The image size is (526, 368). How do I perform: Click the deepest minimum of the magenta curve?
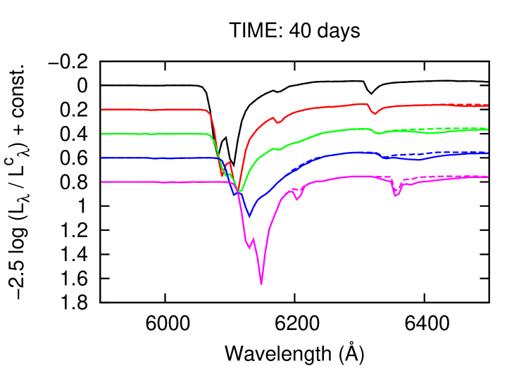pyautogui.click(x=261, y=284)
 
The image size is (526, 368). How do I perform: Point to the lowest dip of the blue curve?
pyautogui.click(x=249, y=216)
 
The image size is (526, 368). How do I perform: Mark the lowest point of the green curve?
pyautogui.click(x=241, y=191)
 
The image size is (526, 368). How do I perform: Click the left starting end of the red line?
pyautogui.click(x=102, y=109)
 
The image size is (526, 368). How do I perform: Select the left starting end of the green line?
pyautogui.click(x=102, y=134)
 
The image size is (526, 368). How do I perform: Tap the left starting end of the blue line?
pyautogui.click(x=102, y=158)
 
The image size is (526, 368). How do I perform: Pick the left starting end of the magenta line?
pyautogui.click(x=102, y=182)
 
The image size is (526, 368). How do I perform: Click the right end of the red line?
pyautogui.click(x=487, y=106)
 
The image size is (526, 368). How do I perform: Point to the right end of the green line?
pyautogui.click(x=487, y=129)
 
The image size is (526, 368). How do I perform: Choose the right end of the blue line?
pyautogui.click(x=487, y=153)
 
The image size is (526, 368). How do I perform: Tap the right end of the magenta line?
pyautogui.click(x=487, y=177)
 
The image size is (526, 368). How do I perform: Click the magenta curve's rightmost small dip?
pyautogui.click(x=395, y=195)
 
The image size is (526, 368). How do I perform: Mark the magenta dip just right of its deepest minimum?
pyautogui.click(x=297, y=199)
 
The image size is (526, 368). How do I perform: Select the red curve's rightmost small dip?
pyautogui.click(x=375, y=113)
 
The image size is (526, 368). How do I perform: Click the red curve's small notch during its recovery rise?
pyautogui.click(x=277, y=122)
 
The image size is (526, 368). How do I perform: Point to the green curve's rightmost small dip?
pyautogui.click(x=379, y=134)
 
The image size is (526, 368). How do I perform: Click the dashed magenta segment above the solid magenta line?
pyautogui.click(x=422, y=177)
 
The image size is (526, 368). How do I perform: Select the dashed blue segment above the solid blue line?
pyautogui.click(x=422, y=153)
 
